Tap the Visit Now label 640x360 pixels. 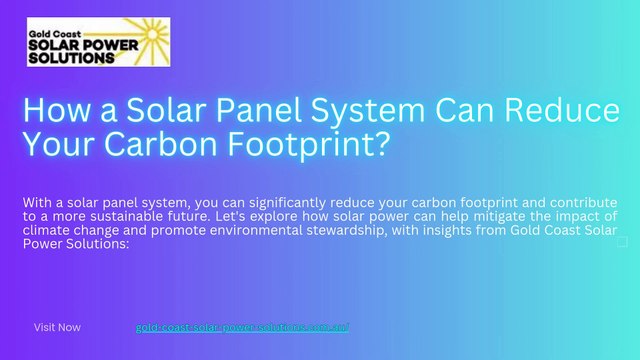coord(57,327)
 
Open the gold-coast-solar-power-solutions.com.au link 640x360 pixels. coord(241,327)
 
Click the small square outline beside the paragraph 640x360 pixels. coord(623,242)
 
